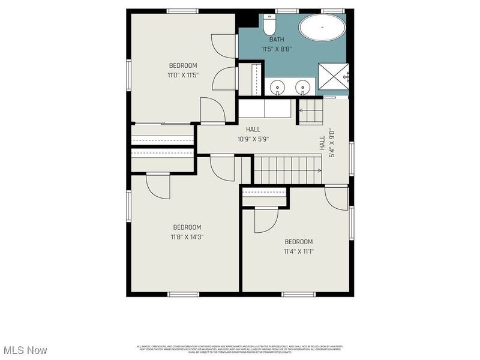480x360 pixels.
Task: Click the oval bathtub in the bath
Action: coord(322,28)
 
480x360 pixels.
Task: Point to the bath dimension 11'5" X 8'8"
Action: coord(277,49)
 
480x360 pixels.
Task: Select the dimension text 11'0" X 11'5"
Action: coord(183,75)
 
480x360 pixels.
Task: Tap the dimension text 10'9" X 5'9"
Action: coord(253,139)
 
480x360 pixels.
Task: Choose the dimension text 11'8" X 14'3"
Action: coord(187,236)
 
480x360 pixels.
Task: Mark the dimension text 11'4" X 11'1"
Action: coord(299,251)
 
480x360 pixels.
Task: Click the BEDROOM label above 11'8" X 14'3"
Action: coord(187,227)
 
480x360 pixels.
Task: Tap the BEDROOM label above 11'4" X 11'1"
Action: coord(299,242)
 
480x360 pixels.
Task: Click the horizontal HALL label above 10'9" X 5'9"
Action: coord(253,129)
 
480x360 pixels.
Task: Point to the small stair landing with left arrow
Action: coord(311,111)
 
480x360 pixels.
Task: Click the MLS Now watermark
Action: coord(25,349)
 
